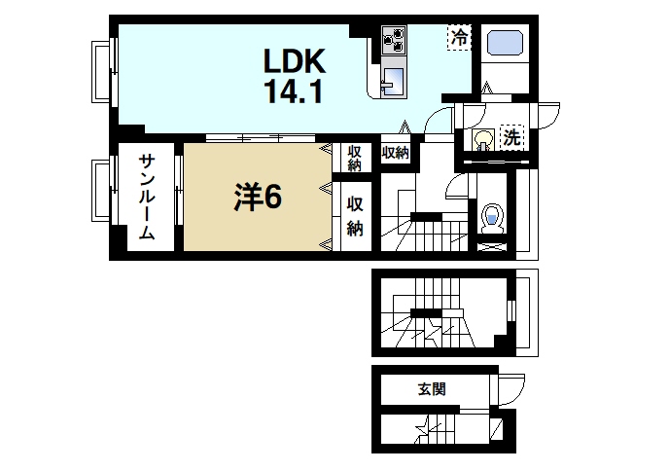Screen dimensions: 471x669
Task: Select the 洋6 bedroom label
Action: [257, 198]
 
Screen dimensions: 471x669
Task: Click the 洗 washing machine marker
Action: [511, 137]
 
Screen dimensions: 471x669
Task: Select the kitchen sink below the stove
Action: [392, 81]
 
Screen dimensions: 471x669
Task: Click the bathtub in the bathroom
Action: [505, 46]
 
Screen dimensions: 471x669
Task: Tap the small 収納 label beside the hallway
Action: [395, 153]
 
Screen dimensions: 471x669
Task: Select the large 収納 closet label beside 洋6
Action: [356, 216]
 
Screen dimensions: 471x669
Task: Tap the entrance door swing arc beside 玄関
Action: [511, 390]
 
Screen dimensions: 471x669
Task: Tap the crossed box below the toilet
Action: [492, 246]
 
